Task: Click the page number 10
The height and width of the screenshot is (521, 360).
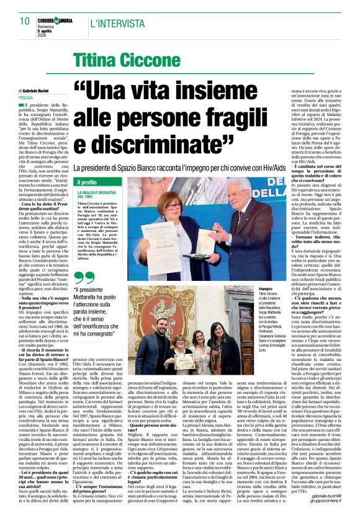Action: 24,20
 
